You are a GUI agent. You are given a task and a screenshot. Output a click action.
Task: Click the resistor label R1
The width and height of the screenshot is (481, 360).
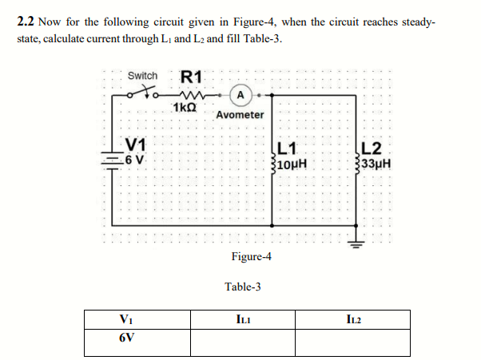tap(193, 77)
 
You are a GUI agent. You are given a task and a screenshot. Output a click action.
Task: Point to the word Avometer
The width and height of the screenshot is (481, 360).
tap(240, 115)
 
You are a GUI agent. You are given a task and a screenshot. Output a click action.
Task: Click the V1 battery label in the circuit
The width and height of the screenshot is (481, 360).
tap(136, 144)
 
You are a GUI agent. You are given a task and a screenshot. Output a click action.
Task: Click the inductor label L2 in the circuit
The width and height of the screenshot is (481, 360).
tap(372, 148)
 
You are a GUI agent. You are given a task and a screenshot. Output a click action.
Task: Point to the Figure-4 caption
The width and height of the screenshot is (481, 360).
tap(251, 256)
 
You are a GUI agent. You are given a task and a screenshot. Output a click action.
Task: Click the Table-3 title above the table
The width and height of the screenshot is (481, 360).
tap(243, 287)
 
